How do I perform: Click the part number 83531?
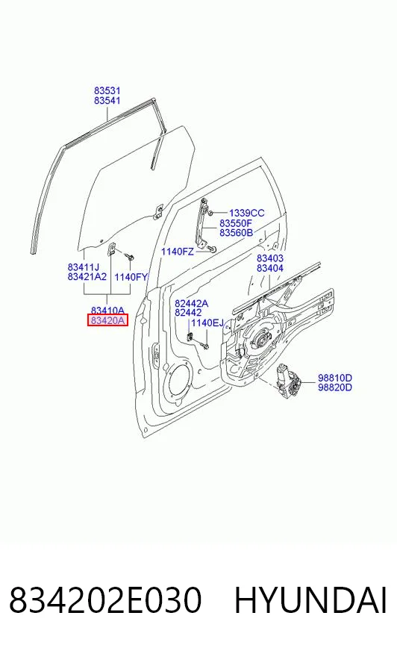click(x=107, y=90)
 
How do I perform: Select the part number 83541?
click(x=107, y=101)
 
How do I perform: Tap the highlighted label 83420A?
click(x=107, y=320)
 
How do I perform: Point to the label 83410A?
click(x=107, y=310)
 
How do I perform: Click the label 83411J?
click(x=84, y=267)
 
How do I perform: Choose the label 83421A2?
click(x=87, y=276)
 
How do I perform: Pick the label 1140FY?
click(x=131, y=277)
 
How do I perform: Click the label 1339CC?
click(x=246, y=213)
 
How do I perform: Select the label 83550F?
click(x=236, y=223)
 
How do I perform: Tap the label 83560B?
click(x=236, y=232)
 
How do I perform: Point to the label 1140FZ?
click(x=177, y=252)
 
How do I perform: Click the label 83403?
click(x=269, y=258)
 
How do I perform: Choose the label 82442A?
click(x=191, y=304)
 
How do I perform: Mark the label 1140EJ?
click(x=207, y=323)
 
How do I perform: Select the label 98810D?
click(x=335, y=378)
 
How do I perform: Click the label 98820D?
click(x=335, y=387)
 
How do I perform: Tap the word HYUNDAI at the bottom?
click(x=310, y=600)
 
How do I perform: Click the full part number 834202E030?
click(x=105, y=600)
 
